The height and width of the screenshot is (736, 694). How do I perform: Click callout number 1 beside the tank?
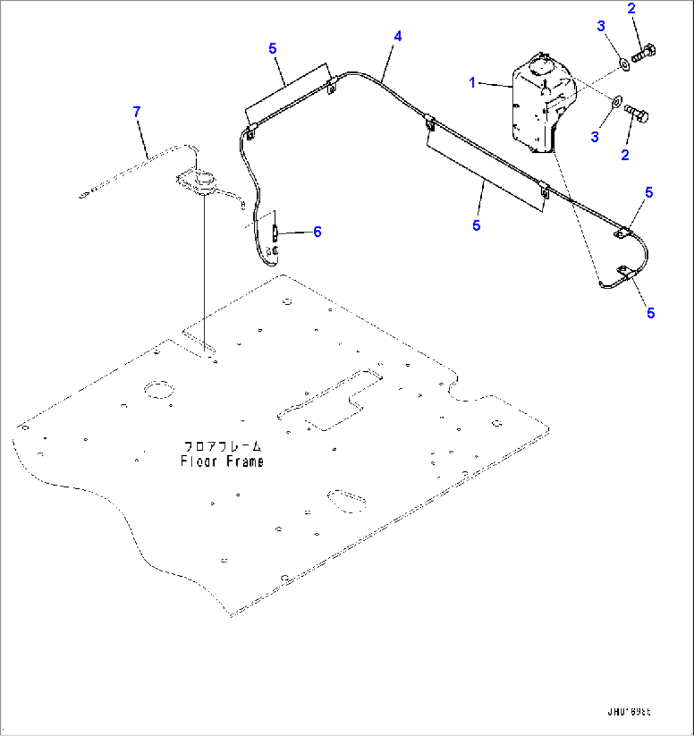[x=472, y=83]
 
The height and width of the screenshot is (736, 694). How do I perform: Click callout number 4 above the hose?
[x=397, y=36]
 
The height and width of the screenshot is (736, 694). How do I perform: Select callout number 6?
[x=316, y=231]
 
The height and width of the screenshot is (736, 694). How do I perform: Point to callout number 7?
[x=136, y=112]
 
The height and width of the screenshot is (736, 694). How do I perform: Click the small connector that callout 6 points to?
[x=275, y=233]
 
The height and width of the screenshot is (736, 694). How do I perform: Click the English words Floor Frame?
[x=222, y=461]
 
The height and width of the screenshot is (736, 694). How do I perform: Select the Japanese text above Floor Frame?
[x=222, y=446]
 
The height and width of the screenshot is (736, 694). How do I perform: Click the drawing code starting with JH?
[x=628, y=712]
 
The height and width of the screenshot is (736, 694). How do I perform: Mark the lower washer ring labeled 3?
[x=616, y=101]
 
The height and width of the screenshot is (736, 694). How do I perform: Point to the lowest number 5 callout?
[x=650, y=313]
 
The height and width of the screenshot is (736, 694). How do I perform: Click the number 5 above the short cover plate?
[x=272, y=48]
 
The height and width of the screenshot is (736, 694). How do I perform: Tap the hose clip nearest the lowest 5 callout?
[x=624, y=275]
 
